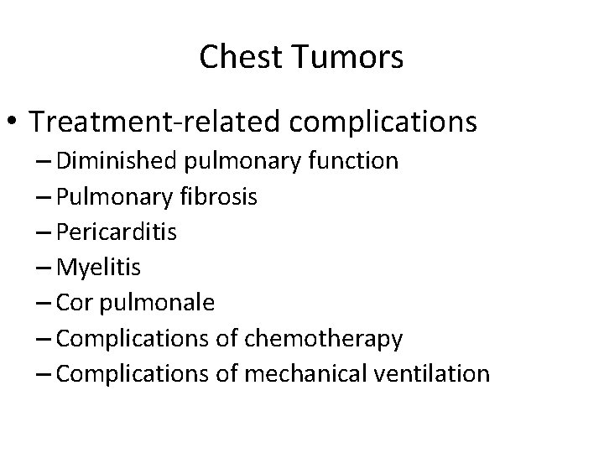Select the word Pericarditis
click(120, 232)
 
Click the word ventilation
click(437, 373)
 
